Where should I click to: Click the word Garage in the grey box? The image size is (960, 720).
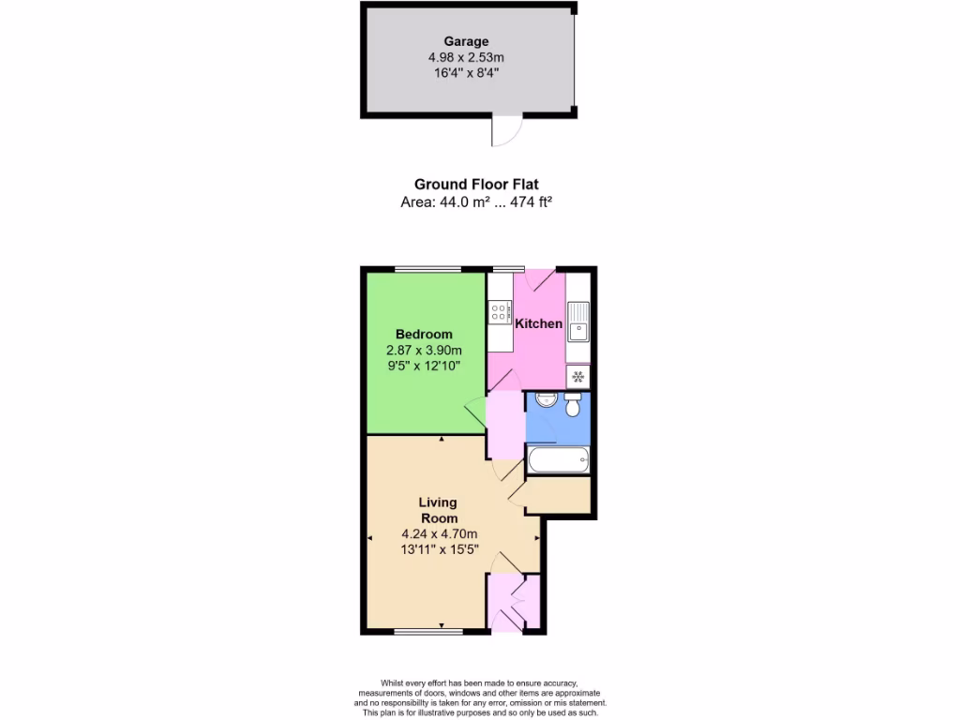(x=466, y=41)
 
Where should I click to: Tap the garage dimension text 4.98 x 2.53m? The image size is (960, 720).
(x=466, y=57)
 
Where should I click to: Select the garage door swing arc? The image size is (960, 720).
(x=506, y=132)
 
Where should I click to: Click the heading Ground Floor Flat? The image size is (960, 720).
(x=476, y=185)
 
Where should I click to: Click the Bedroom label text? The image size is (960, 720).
(x=424, y=334)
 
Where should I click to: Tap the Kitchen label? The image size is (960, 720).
(x=539, y=323)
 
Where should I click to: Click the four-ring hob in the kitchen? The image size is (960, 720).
(x=500, y=311)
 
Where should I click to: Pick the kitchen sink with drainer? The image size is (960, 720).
(x=577, y=322)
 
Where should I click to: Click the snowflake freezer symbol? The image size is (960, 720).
(x=577, y=377)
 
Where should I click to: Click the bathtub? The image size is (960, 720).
(x=559, y=460)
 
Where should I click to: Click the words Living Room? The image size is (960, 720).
(x=438, y=510)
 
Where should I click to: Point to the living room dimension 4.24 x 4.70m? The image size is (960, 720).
(x=439, y=535)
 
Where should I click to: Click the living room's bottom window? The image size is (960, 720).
(x=427, y=632)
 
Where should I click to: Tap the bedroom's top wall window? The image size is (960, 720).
(x=427, y=270)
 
